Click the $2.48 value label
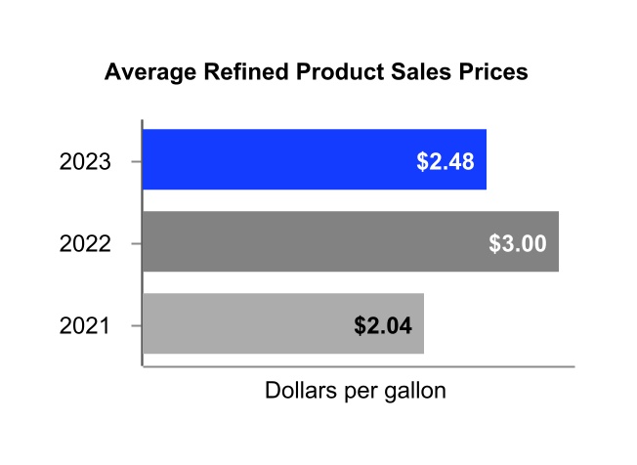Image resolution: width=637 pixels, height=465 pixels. click(x=445, y=161)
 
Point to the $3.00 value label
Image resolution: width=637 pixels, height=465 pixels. click(x=517, y=242)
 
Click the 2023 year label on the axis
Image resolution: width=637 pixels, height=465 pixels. click(x=85, y=161)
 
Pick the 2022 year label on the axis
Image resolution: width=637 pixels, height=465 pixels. click(x=85, y=243)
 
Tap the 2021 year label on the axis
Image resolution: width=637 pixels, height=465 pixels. click(x=85, y=325)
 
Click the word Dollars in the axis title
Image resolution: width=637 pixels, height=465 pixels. click(x=301, y=392)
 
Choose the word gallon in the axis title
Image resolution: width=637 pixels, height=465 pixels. click(x=412, y=393)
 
